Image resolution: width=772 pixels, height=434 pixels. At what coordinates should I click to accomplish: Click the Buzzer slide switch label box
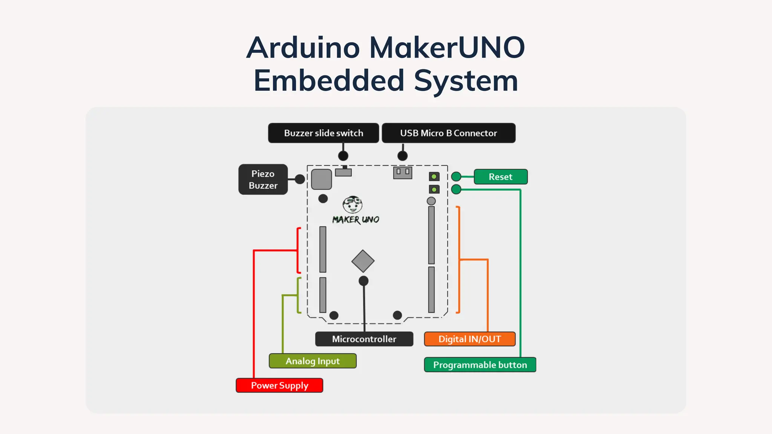pyautogui.click(x=323, y=133)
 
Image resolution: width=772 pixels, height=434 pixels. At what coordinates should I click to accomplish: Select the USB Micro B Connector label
pyautogui.click(x=448, y=133)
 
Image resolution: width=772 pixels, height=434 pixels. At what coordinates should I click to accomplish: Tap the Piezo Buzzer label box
pyautogui.click(x=263, y=179)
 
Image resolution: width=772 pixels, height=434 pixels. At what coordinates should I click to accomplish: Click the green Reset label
pyautogui.click(x=500, y=177)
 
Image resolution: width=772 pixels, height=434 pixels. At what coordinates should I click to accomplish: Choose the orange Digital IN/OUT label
pyautogui.click(x=469, y=339)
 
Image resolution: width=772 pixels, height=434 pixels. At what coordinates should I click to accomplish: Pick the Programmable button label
pyautogui.click(x=479, y=365)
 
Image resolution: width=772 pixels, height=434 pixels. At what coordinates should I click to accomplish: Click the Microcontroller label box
pyautogui.click(x=364, y=339)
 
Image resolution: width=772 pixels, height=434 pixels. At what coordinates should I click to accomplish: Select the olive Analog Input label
pyautogui.click(x=312, y=361)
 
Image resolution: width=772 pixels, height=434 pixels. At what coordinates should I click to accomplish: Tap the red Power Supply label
pyautogui.click(x=279, y=385)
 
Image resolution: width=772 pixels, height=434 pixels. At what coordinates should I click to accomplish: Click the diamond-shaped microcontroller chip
pyautogui.click(x=363, y=261)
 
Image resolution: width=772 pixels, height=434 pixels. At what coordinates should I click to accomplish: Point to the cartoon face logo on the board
pyautogui.click(x=352, y=205)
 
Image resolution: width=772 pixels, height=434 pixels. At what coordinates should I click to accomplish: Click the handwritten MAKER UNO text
pyautogui.click(x=355, y=220)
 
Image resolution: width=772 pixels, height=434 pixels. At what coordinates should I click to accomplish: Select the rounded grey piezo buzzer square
pyautogui.click(x=321, y=179)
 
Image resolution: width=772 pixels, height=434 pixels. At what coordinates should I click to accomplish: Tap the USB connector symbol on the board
pyautogui.click(x=402, y=173)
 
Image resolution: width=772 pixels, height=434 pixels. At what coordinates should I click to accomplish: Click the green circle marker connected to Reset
pyautogui.click(x=456, y=176)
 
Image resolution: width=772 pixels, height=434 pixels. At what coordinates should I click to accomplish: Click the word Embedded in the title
pyautogui.click(x=329, y=81)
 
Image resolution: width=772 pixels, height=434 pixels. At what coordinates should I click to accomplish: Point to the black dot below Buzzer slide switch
pyautogui.click(x=343, y=156)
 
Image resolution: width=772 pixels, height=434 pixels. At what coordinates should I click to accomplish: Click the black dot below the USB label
pyautogui.click(x=402, y=156)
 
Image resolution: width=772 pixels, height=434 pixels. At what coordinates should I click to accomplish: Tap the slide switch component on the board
pyautogui.click(x=343, y=172)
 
